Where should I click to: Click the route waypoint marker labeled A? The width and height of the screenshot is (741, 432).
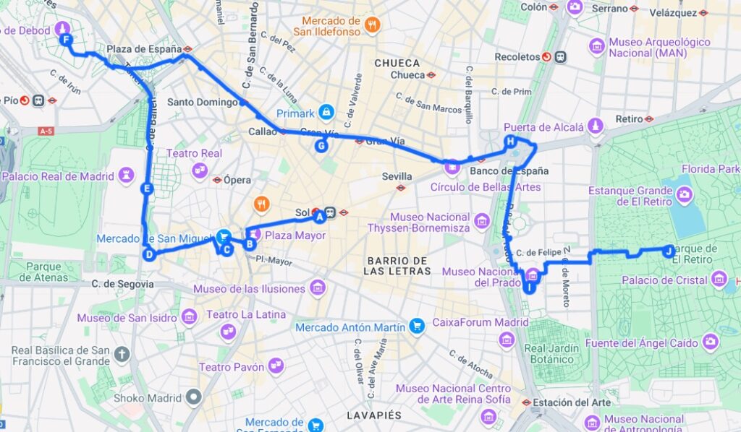click(318, 215)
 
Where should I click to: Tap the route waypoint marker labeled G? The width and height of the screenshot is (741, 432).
click(321, 146)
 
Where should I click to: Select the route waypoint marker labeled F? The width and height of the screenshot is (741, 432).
click(67, 40)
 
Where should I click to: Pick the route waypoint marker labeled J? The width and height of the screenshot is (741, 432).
click(669, 251)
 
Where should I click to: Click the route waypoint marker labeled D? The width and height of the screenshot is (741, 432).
click(149, 254)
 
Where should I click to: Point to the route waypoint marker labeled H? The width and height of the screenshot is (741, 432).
click(511, 141)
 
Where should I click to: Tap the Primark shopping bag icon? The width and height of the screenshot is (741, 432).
click(327, 113)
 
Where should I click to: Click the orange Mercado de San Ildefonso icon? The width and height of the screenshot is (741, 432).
click(373, 25)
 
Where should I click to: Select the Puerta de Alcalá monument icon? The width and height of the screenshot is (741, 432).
click(596, 126)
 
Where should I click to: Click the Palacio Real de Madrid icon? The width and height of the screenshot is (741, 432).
click(127, 176)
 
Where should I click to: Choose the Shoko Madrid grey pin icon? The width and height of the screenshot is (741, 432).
click(193, 397)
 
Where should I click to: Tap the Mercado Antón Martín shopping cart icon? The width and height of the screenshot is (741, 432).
click(417, 327)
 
